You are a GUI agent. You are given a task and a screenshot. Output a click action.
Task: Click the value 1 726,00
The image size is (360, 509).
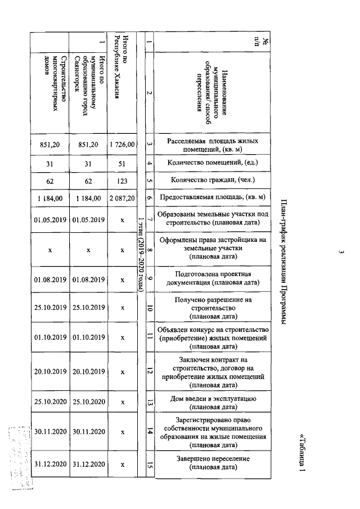[123, 145]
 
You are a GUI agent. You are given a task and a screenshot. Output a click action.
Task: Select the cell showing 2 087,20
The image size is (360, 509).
[123, 198]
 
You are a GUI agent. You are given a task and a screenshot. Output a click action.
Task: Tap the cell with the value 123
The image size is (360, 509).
[123, 181]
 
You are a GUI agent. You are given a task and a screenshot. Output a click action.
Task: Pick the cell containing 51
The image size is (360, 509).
[123, 163]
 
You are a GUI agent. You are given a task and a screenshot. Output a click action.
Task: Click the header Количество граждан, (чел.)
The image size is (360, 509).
[213, 181]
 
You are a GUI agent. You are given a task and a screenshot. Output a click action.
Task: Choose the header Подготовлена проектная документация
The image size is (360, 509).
[213, 278]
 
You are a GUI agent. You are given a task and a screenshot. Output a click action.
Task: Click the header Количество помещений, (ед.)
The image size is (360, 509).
[213, 163]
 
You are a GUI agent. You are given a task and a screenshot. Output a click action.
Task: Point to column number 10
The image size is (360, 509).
[149, 308]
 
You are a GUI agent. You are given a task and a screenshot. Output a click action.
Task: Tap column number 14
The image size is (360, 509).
[149, 431]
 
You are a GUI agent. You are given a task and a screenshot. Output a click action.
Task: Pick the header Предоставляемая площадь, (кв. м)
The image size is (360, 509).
[213, 198]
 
